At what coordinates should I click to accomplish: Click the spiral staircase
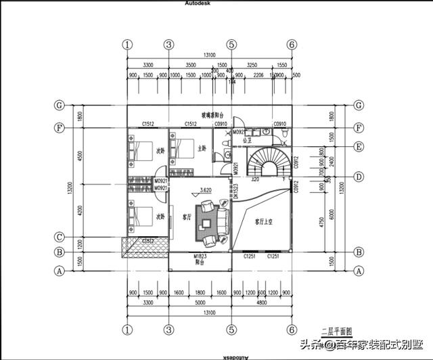pyautogui.click(x=269, y=163)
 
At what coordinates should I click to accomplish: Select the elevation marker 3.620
pyautogui.click(x=206, y=192)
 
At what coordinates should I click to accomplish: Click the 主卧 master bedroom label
pyautogui.click(x=201, y=148)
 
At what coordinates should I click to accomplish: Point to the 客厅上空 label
pyautogui.click(x=265, y=221)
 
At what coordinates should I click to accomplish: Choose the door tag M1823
pyautogui.click(x=200, y=257)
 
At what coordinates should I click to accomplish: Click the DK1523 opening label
pyautogui.click(x=227, y=194)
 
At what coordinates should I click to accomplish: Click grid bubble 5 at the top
pyautogui.click(x=231, y=44)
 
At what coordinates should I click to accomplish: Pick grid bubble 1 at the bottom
pyautogui.click(x=127, y=330)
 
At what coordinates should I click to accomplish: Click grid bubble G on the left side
pyautogui.click(x=60, y=106)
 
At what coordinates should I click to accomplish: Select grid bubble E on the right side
pyautogui.click(x=359, y=147)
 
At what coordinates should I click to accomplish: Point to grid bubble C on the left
pyautogui.click(x=60, y=237)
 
